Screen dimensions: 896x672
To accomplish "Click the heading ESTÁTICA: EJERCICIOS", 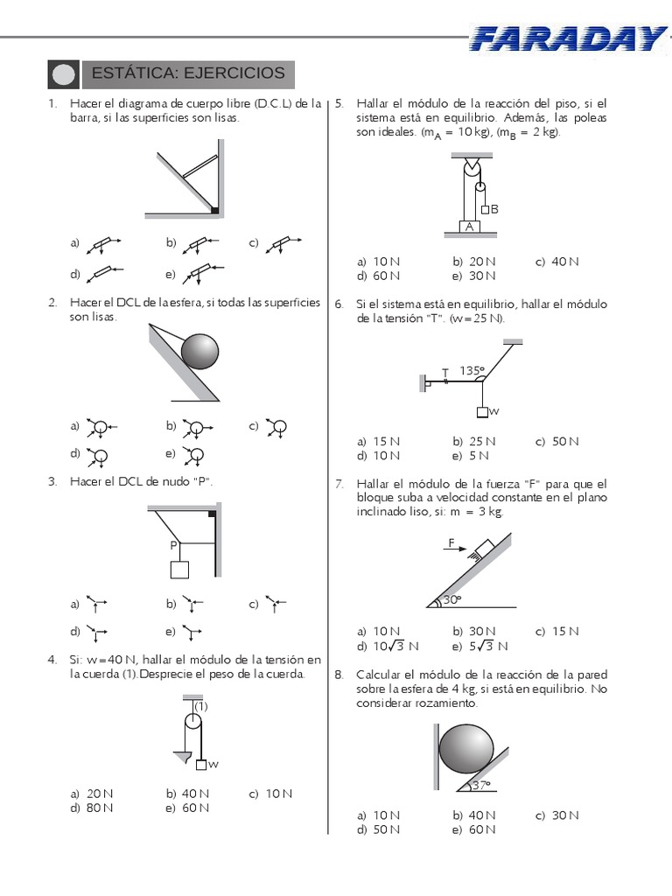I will tap(188, 73).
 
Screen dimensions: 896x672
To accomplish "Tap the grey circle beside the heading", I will tap(64, 74).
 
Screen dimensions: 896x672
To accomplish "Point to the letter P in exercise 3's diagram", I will tap(174, 545).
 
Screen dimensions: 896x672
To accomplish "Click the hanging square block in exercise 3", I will tap(179, 570).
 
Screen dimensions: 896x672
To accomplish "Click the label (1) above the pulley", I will tap(200, 705).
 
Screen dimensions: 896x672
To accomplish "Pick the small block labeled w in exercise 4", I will tap(201, 765).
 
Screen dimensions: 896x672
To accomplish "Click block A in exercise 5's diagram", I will tap(470, 227).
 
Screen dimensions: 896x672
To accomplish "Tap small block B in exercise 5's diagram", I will tap(485, 209).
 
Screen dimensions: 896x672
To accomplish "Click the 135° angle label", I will tap(471, 370).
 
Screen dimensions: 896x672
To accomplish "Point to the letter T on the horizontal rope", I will tap(444, 373).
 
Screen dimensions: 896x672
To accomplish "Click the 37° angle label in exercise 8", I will tap(480, 785).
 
